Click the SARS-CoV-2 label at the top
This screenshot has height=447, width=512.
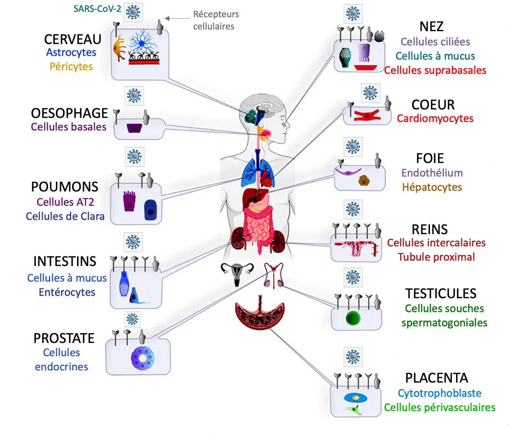[97, 9]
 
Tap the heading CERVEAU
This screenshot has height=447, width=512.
[72, 39]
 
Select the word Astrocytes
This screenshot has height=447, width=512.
[71, 53]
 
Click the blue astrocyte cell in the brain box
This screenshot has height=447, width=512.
[144, 42]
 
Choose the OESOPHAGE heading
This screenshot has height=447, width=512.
[69, 113]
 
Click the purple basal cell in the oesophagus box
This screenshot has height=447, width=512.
[134, 128]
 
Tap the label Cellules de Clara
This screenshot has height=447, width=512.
[65, 216]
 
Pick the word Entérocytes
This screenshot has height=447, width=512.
[67, 292]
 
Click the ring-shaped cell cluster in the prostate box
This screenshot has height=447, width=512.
[143, 358]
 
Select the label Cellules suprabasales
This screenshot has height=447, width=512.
[435, 70]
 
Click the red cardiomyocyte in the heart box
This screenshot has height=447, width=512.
[367, 116]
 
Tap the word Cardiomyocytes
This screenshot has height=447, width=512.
[435, 119]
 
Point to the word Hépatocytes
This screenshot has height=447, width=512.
[432, 187]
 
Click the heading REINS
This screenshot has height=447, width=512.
[429, 229]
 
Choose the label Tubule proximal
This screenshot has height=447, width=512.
[436, 257]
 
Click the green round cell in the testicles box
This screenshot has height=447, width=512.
[353, 318]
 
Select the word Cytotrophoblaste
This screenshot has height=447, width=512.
[440, 393]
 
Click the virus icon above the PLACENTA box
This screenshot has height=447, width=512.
[353, 357]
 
